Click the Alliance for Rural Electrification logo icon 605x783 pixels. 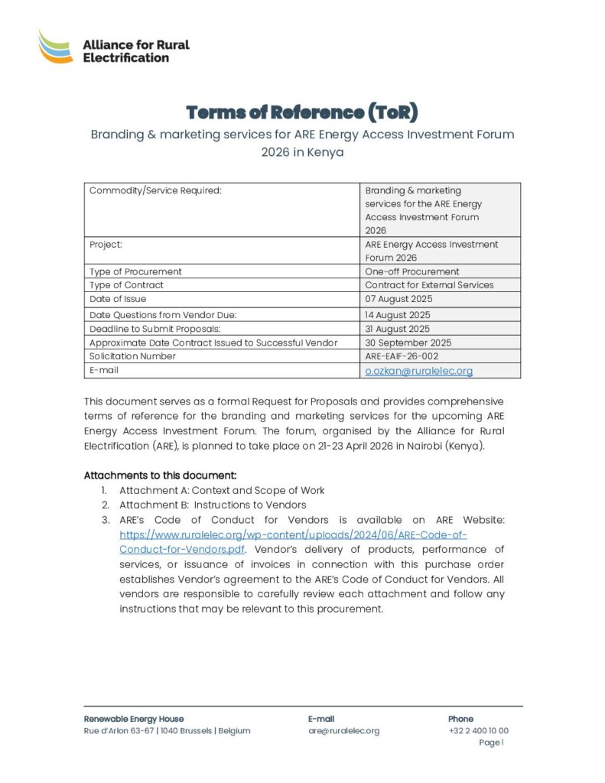pos(56,47)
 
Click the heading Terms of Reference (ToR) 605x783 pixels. pos(302,112)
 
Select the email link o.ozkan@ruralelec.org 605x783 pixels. pos(418,371)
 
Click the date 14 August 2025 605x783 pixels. pos(397,315)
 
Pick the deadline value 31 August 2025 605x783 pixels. pos(397,329)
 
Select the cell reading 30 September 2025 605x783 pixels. pos(408,343)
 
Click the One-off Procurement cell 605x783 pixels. pos(411,271)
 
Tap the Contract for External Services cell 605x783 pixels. pos(429,285)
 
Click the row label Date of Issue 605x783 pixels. pos(118,299)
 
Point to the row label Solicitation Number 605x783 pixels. pos(132,356)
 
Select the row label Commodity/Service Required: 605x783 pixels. pos(155,190)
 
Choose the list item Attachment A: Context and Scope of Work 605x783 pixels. pos(222,490)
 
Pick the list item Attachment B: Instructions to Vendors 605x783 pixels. pos(212,505)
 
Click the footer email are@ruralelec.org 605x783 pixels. pos(343,731)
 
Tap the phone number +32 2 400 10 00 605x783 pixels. pos(478,731)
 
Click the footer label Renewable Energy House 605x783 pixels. pos(133,719)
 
